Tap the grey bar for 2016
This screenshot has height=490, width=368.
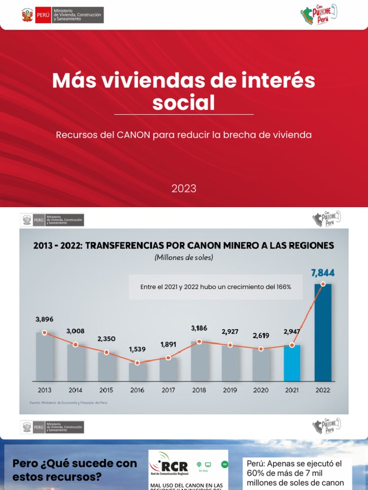138,370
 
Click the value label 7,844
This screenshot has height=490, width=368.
322,273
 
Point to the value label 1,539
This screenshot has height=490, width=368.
138,350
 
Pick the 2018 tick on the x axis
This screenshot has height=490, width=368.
199,390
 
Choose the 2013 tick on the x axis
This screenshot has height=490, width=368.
44,390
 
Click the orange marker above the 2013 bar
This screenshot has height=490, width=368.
44,333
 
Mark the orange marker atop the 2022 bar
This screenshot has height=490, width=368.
323,284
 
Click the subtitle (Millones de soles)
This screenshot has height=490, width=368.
184,257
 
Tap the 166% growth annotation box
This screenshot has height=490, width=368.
216,287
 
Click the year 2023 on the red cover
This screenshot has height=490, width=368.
184,189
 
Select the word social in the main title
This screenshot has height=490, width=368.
184,102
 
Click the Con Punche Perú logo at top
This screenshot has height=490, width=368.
319,15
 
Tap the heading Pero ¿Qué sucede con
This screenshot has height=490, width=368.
74,463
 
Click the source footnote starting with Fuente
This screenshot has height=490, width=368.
68,403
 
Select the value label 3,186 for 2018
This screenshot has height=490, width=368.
199,328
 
